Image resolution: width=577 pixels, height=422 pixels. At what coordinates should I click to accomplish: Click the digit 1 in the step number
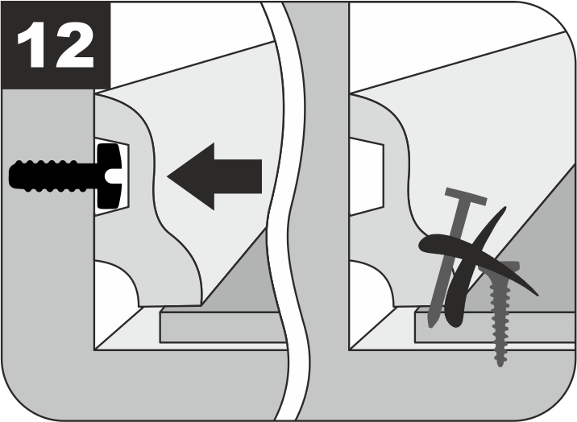[34, 45]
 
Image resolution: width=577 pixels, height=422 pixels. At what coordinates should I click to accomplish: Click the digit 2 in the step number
[75, 45]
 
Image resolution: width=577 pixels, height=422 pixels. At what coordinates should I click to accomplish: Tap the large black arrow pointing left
[214, 176]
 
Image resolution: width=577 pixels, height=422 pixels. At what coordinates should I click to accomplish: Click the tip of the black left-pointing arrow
[168, 176]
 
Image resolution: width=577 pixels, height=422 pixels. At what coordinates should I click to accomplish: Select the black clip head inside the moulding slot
[109, 176]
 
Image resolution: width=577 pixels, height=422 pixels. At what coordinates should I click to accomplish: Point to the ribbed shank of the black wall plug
[53, 176]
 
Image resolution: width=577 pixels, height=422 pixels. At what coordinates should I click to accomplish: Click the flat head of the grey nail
[466, 197]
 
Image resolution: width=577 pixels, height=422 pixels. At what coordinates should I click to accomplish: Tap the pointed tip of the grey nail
[431, 325]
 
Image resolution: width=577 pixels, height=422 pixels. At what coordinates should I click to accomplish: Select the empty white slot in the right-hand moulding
[366, 176]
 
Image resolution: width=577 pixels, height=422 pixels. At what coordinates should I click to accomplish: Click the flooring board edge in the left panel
[222, 327]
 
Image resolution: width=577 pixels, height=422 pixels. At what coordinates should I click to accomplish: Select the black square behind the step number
[56, 45]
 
